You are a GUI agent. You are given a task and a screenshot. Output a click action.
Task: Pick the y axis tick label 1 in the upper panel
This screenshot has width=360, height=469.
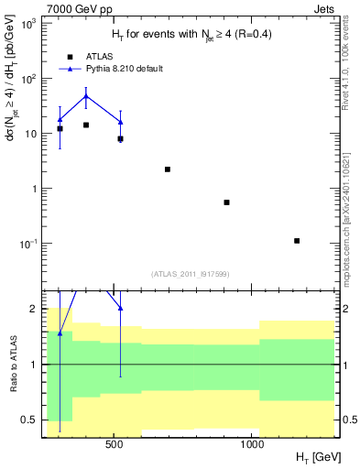click(35, 189)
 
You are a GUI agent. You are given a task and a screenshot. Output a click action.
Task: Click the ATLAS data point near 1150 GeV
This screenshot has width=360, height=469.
click(297, 241)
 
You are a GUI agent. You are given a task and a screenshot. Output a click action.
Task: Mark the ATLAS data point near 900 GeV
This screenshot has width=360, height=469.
click(226, 202)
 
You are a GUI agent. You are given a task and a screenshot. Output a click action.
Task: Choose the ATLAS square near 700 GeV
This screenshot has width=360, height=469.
click(168, 169)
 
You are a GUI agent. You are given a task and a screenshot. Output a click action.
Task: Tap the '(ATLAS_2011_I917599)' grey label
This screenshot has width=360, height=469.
click(189, 274)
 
